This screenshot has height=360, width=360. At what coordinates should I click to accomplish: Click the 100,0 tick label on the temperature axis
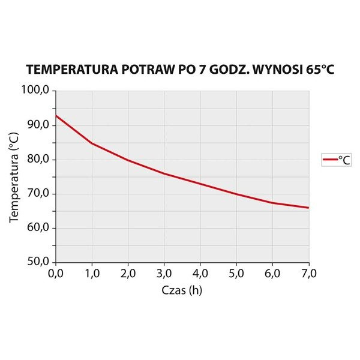coord(38,91)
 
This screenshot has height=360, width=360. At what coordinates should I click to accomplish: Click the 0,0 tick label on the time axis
coord(55,274)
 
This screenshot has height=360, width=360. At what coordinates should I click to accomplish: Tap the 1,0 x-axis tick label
coord(92,274)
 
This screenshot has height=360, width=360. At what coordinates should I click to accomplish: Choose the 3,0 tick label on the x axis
coord(164,274)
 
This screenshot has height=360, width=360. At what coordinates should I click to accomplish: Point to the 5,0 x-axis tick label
coord(236,274)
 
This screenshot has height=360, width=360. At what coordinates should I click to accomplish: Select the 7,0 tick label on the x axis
coord(308,274)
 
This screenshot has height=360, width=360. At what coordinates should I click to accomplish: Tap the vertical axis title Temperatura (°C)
coord(14,176)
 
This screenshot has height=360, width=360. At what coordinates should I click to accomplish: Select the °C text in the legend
coord(344,160)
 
